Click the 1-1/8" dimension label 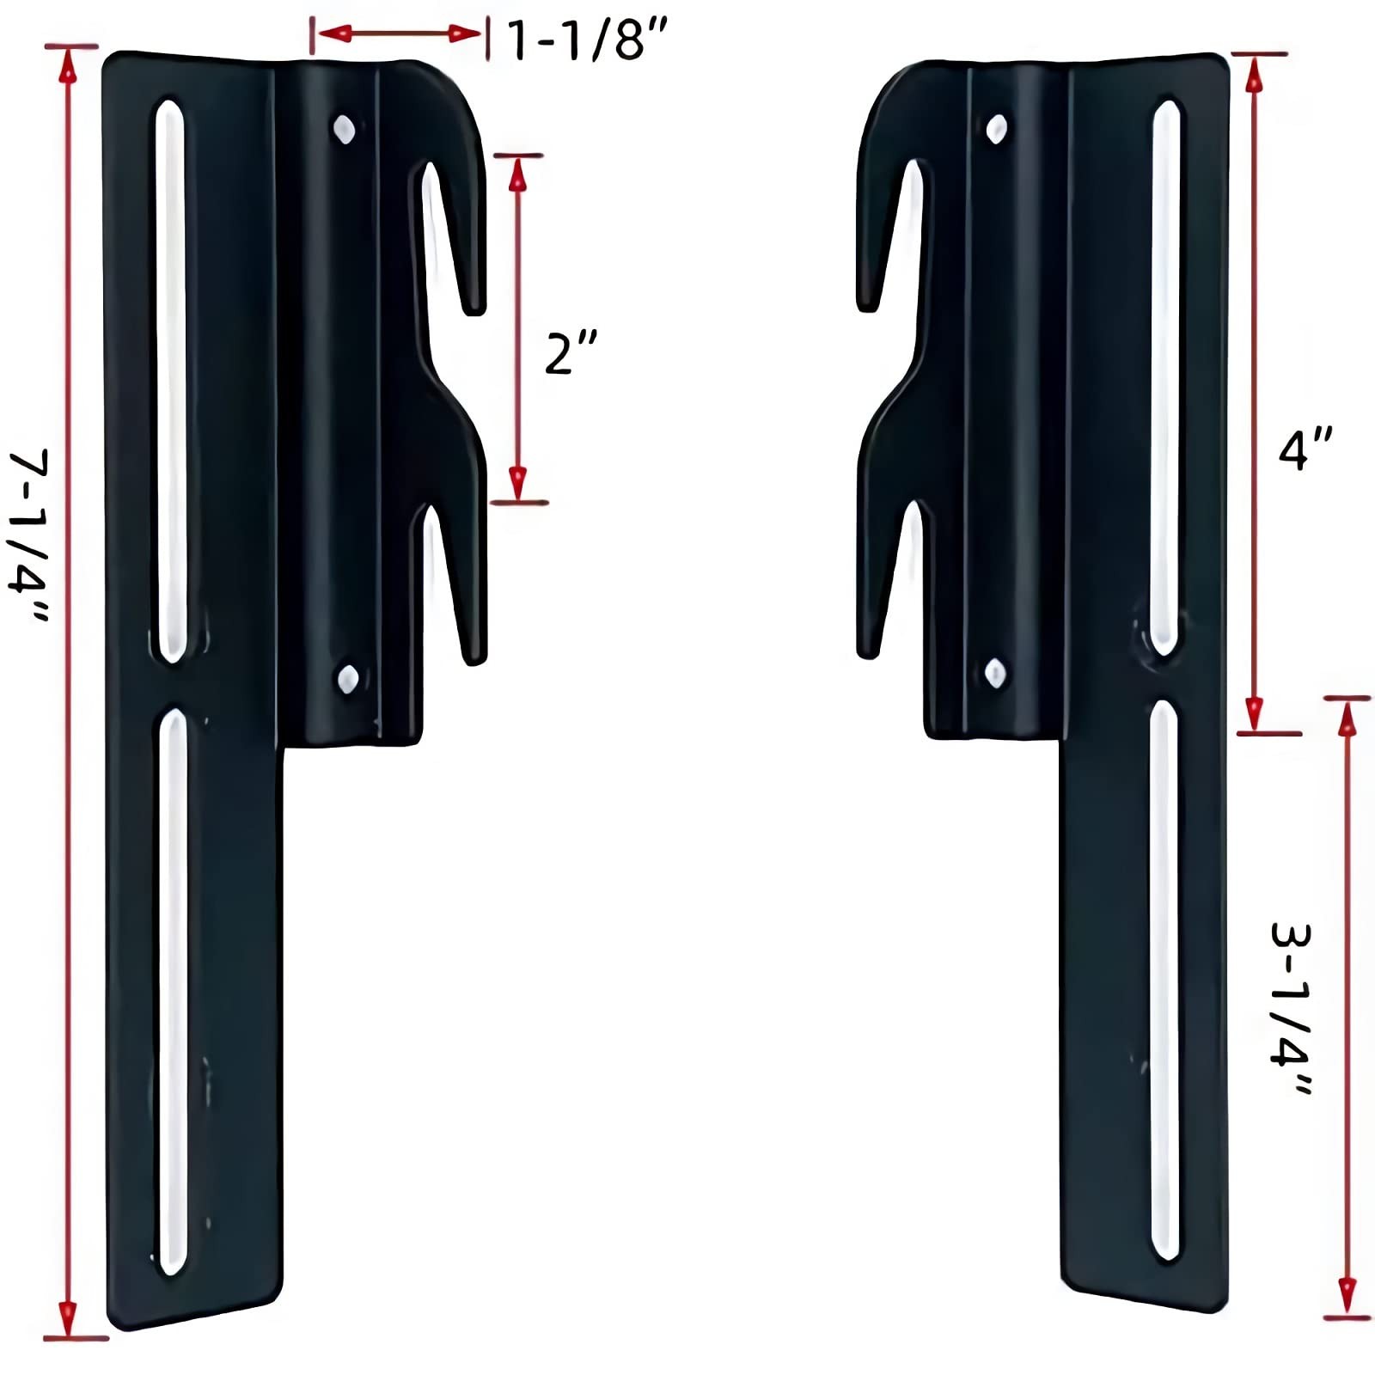pyautogui.click(x=587, y=40)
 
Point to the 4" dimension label pyautogui.click(x=1305, y=449)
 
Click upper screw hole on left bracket pyautogui.click(x=345, y=130)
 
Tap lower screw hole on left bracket pyautogui.click(x=348, y=679)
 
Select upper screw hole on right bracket pyautogui.click(x=996, y=130)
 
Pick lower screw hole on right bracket pyautogui.click(x=995, y=674)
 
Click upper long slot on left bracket pyautogui.click(x=171, y=378)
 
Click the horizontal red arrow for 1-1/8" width pyautogui.click(x=399, y=34)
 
